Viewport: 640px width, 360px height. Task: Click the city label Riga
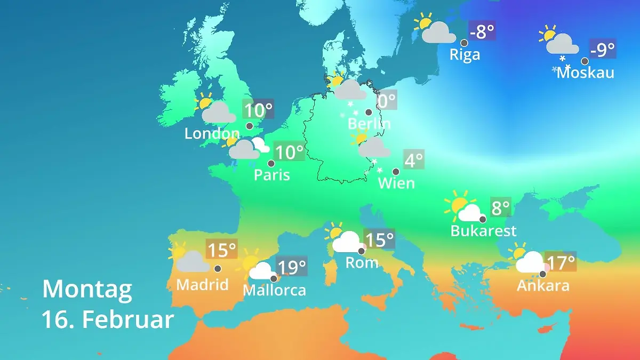click(x=465, y=54)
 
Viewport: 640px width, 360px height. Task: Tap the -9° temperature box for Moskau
click(x=602, y=50)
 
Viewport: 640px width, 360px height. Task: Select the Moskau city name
click(x=585, y=73)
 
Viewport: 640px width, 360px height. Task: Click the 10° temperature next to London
click(x=258, y=110)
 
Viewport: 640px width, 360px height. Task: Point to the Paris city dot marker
click(x=271, y=164)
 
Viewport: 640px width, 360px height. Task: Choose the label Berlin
click(x=369, y=124)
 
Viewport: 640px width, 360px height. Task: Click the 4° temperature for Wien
click(x=413, y=159)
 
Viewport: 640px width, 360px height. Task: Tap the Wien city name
click(x=396, y=183)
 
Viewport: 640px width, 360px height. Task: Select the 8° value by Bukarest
click(x=500, y=207)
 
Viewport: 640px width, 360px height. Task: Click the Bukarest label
click(x=483, y=231)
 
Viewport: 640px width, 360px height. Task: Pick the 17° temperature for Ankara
click(x=560, y=262)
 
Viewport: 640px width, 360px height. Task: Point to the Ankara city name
click(x=543, y=286)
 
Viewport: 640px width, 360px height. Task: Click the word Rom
click(x=362, y=262)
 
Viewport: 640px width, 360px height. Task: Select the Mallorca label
click(x=274, y=290)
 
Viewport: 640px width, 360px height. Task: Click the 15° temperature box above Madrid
click(x=221, y=249)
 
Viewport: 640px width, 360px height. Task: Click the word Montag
click(x=87, y=290)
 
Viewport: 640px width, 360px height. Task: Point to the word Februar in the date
click(x=128, y=320)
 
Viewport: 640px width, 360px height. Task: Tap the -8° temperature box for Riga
click(x=482, y=31)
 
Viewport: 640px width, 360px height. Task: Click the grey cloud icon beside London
click(x=219, y=113)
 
